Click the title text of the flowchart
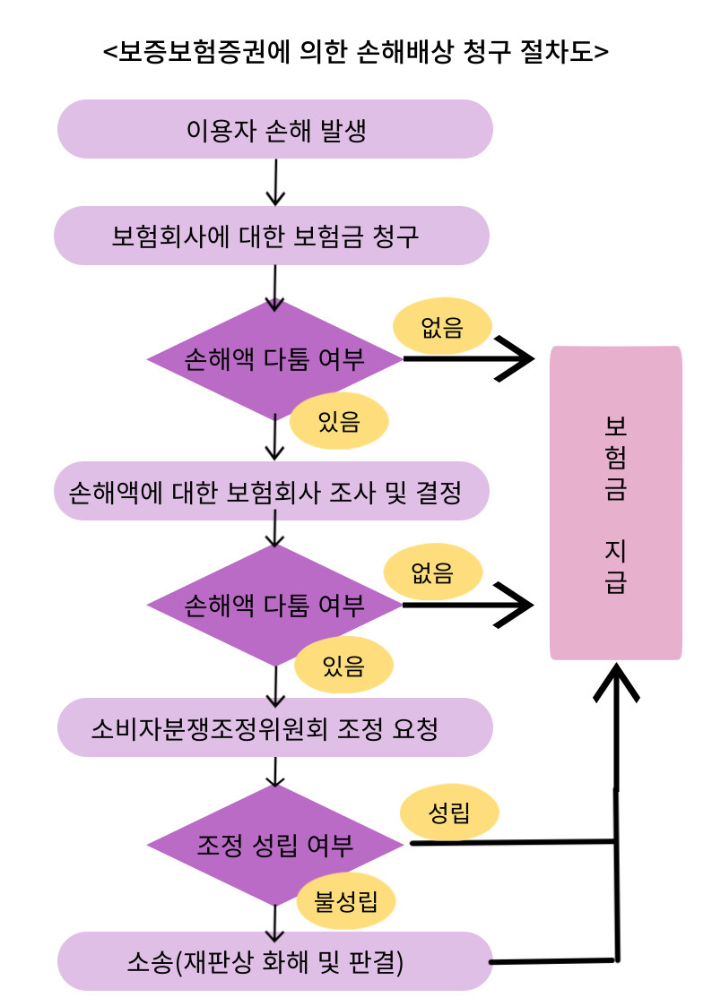pos(356,52)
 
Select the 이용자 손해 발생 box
pos(275,129)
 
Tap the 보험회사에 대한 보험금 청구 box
pos(272,236)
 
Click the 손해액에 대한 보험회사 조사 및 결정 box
pos(272,492)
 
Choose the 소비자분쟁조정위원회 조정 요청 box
pos(275,727)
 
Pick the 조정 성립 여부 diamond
pos(275,845)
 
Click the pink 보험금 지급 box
pos(616,503)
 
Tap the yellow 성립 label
pos(449,814)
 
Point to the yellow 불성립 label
pos(345,900)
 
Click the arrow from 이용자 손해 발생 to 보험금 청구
pos(276,183)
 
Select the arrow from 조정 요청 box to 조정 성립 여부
pos(276,771)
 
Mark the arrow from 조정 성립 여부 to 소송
pos(276,918)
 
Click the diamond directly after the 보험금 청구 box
pos(275,359)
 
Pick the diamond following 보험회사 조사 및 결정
pos(275,606)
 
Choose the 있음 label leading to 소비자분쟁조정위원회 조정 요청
pos(343,666)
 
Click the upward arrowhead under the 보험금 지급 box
pos(616,681)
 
